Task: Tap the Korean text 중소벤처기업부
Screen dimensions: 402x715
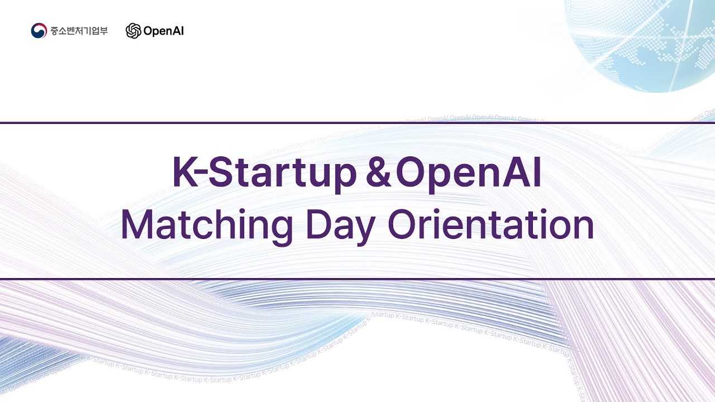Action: click(x=79, y=31)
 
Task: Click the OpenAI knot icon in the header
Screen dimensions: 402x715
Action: click(x=134, y=31)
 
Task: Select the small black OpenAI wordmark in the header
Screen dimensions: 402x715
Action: click(x=164, y=31)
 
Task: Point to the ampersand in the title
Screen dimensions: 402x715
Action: click(x=378, y=174)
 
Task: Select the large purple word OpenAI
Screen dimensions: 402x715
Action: click(x=469, y=174)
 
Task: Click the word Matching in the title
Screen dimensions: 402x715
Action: click(x=207, y=226)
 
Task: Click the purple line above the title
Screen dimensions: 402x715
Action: click(x=357, y=122)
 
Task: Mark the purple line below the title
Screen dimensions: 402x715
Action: click(x=357, y=278)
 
